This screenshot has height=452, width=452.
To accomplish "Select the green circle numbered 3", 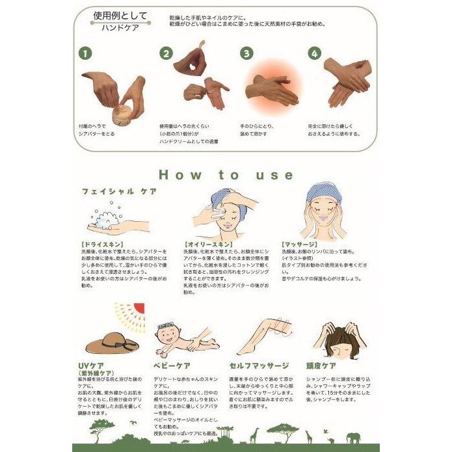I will (x=246, y=53).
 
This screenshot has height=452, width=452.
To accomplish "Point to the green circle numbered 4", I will (x=315, y=53).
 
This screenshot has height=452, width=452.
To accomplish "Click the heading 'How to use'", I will (x=226, y=174).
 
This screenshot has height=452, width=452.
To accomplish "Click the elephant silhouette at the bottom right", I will (x=354, y=438).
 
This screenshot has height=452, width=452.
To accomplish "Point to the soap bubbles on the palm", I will (x=106, y=217).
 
